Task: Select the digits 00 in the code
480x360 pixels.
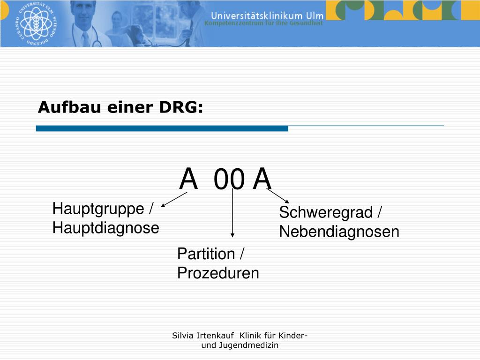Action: click(x=229, y=180)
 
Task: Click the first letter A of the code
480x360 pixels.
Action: click(x=188, y=179)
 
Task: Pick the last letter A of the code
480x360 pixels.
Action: click(x=262, y=179)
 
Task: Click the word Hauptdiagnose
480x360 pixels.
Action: click(x=105, y=228)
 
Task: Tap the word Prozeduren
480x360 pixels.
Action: click(x=218, y=273)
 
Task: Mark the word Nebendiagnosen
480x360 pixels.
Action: click(x=339, y=232)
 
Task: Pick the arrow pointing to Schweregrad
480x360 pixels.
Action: click(x=278, y=196)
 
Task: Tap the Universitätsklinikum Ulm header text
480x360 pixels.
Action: click(x=267, y=15)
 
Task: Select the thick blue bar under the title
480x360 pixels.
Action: click(x=162, y=128)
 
